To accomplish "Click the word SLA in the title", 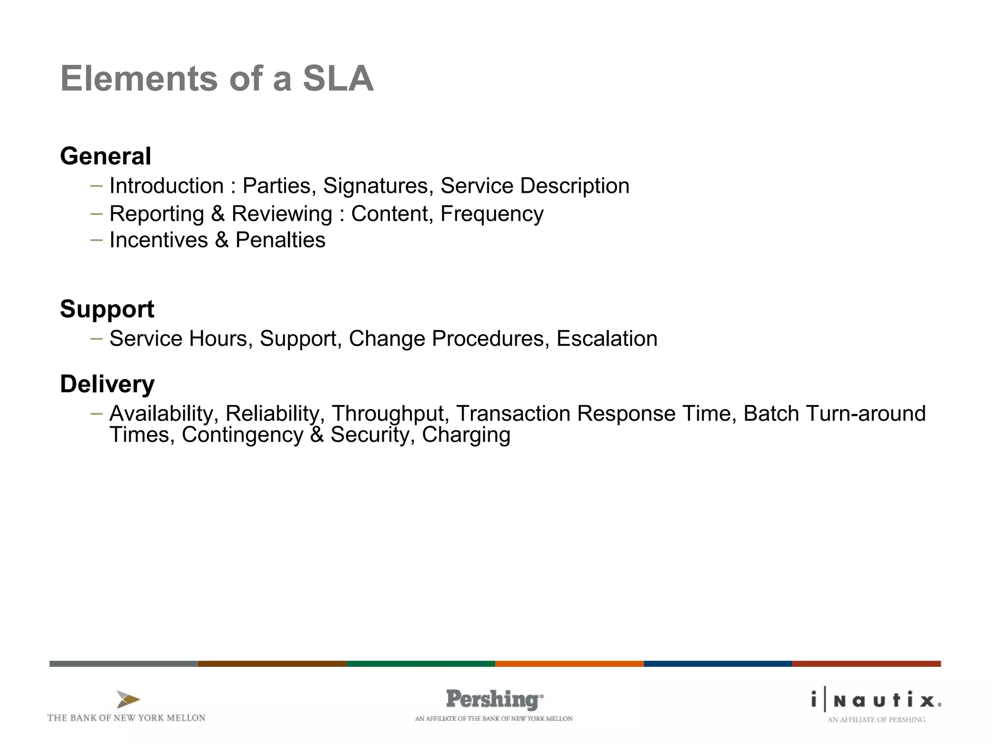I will coord(338,79).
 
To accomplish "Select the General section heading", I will coord(105,156).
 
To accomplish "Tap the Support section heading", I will coord(107,309).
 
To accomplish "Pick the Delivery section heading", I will coord(107,384).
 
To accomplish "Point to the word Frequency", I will coord(492,214).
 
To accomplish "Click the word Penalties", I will coord(280,240).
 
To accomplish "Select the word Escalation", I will coord(607,339).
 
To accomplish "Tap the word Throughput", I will coord(388,414).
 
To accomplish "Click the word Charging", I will coord(466,435).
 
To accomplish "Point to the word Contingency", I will coord(242,435).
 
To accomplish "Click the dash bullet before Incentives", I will coord(96,239).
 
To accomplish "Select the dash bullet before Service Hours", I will coord(96,339).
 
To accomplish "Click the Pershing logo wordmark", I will coord(494,700).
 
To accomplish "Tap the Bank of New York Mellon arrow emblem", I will coord(128,699).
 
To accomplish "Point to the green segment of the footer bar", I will coord(420,664).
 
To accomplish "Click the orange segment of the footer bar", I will coord(569,664).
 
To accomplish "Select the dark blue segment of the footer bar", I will coord(718,664).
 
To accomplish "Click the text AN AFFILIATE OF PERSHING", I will coord(876,720).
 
